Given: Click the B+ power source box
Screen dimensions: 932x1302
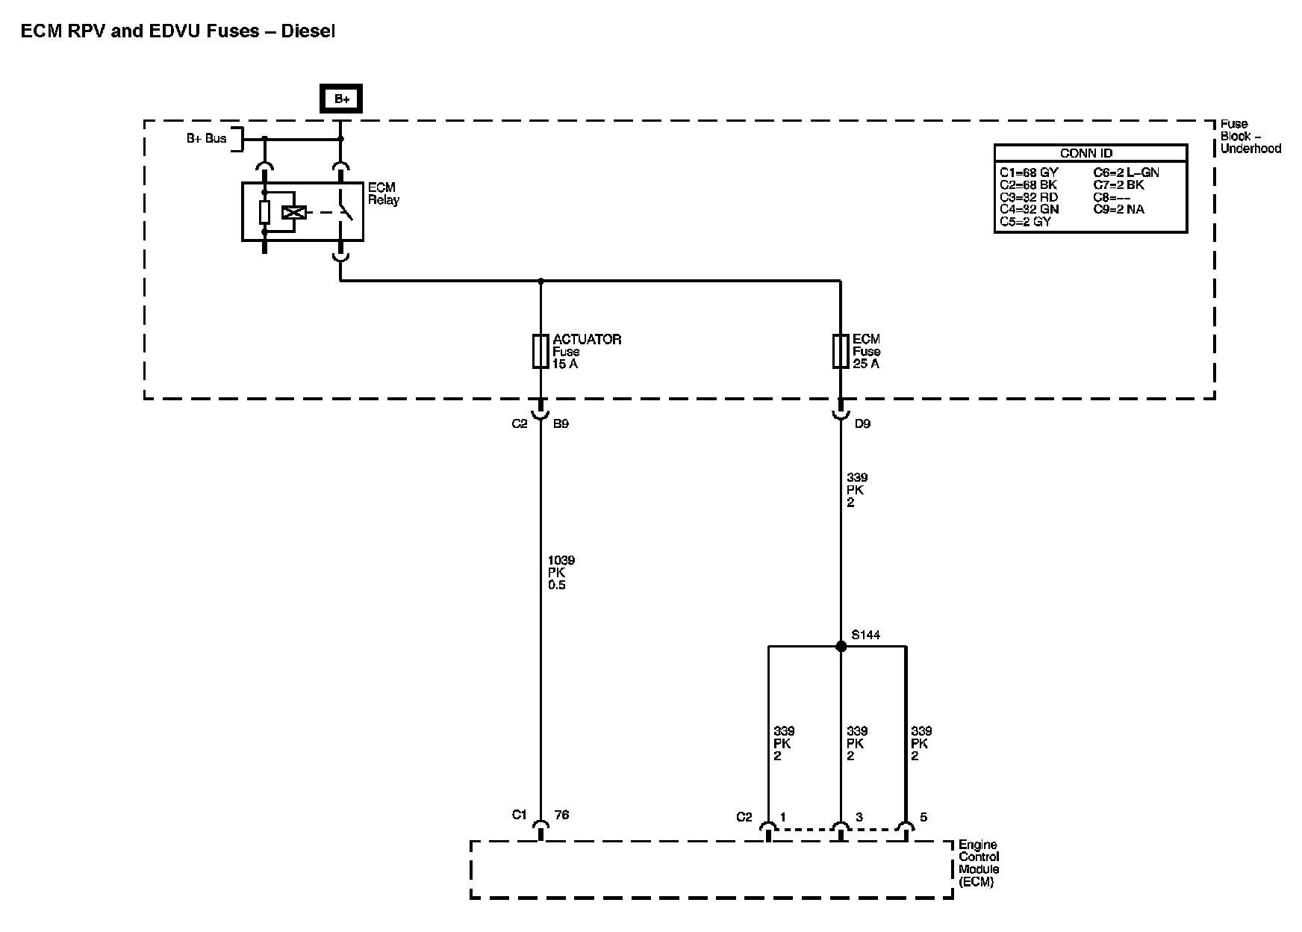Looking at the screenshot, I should coord(341,99).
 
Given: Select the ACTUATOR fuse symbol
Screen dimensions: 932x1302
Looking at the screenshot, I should coord(541,351).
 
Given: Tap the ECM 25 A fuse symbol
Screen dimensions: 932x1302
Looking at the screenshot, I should coord(841,351).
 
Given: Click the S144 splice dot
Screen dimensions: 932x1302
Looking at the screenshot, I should coord(841,646).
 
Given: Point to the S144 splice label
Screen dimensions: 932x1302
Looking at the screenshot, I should coord(866,635).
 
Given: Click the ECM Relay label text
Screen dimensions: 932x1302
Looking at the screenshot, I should coord(383,193).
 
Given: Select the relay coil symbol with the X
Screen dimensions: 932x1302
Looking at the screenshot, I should coord(293,212).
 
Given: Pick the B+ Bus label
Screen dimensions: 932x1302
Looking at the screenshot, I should coord(206,138).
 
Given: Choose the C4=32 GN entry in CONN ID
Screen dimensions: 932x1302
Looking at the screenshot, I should coord(1029,209).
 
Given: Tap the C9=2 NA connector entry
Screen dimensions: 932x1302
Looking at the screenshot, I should coord(1118,209).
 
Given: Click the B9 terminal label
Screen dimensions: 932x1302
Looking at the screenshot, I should coord(561,423).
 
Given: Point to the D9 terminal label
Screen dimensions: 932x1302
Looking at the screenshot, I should coord(862,423).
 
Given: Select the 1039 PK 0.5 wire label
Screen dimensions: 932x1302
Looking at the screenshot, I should coord(561,573).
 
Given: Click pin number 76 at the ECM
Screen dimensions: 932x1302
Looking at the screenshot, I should coord(561,815).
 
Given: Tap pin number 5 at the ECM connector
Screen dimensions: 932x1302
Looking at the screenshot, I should coord(923,817).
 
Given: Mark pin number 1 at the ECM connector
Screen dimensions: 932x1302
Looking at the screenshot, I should coord(782,817).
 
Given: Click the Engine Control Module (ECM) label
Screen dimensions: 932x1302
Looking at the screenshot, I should coord(979,863).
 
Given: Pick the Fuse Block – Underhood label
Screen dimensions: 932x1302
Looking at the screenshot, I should coord(1250,136).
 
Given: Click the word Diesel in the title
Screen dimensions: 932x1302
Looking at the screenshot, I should coord(308,31).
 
